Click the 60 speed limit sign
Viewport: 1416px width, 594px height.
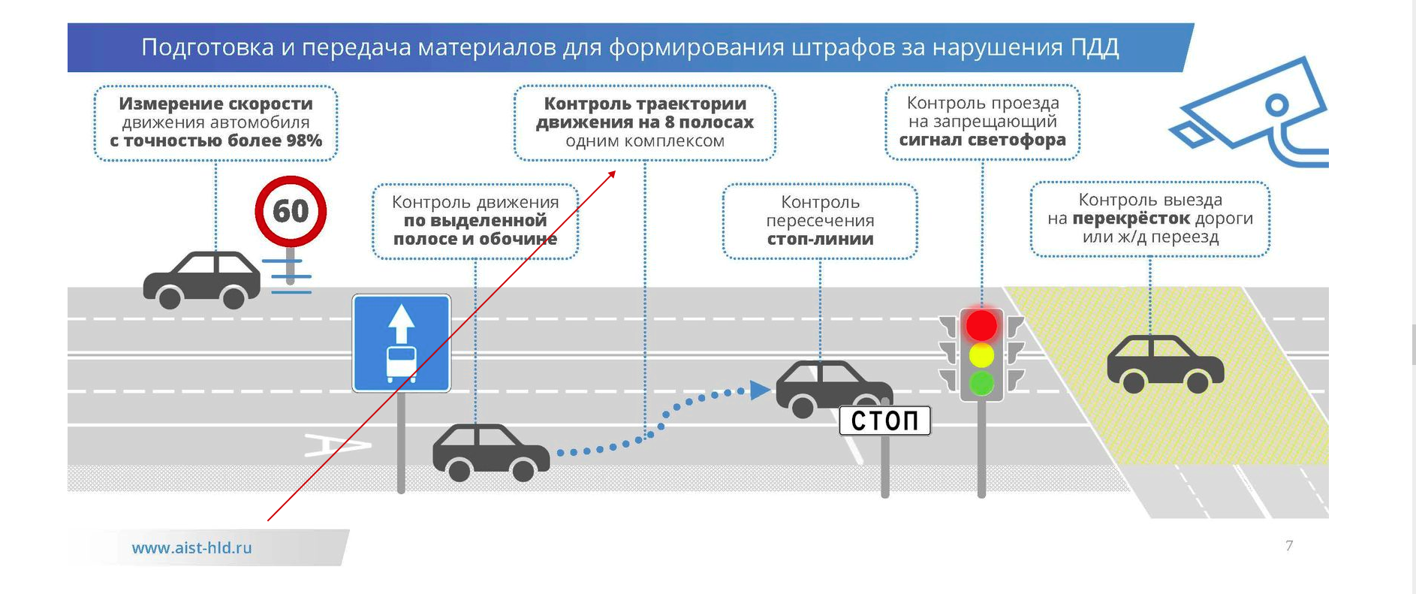(x=291, y=211)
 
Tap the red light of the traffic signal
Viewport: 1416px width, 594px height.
(x=981, y=325)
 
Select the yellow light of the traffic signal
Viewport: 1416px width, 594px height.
(x=981, y=354)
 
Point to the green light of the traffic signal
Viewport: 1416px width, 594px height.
(x=981, y=383)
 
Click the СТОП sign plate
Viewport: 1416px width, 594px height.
(x=884, y=421)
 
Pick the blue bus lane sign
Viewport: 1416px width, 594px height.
(x=402, y=343)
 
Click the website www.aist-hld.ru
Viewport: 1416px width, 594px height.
(x=192, y=548)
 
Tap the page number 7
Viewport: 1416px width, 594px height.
(x=1289, y=546)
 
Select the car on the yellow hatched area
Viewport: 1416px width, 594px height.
(x=1165, y=364)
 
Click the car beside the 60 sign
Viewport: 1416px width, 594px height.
(x=201, y=279)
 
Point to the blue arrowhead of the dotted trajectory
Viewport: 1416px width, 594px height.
(x=760, y=390)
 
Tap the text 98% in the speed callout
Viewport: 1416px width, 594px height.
(x=304, y=140)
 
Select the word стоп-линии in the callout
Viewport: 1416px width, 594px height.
(x=820, y=239)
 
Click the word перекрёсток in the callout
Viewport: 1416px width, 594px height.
(x=1131, y=219)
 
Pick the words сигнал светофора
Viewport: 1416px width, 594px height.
(x=982, y=140)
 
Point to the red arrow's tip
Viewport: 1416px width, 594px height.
(x=615, y=172)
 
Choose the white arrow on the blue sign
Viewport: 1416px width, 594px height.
(x=402, y=323)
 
